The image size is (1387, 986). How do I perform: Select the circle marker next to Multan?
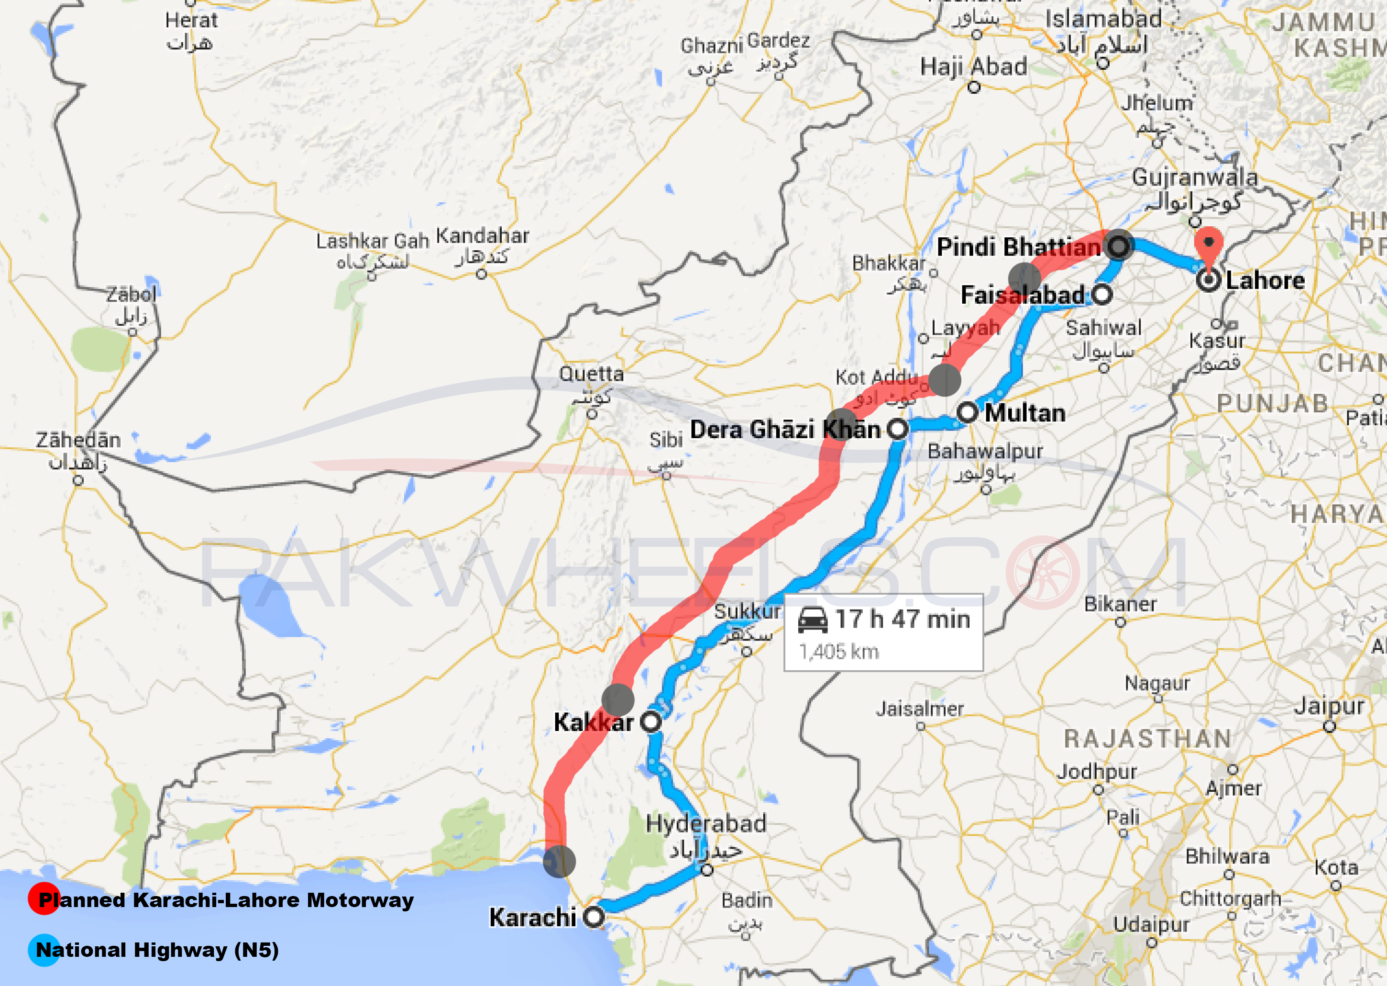(968, 412)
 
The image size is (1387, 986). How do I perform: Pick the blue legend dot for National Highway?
(43, 950)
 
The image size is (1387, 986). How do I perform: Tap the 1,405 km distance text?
(838, 652)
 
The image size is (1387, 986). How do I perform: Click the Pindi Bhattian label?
(1019, 247)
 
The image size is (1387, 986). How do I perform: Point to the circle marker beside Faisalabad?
(1102, 295)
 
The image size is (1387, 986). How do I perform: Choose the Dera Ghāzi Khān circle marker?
(897, 429)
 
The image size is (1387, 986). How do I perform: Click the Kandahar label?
(483, 235)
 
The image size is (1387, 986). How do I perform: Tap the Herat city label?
(191, 20)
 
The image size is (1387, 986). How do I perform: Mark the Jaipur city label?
(1329, 706)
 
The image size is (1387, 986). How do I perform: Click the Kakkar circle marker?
(651, 722)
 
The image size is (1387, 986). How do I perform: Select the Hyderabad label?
(706, 824)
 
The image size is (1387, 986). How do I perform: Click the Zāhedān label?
(78, 440)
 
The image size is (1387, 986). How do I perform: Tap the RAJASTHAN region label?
(1148, 739)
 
